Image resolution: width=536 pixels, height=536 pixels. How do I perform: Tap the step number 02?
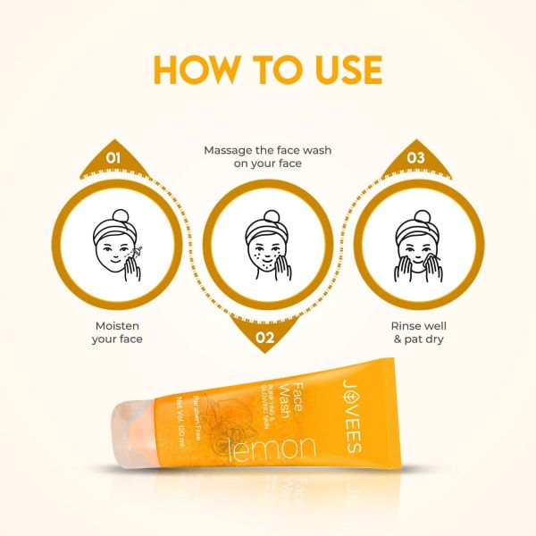[x=266, y=339]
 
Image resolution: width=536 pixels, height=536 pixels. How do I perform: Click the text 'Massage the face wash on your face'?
[x=266, y=157]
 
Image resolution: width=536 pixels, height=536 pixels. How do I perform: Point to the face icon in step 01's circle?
[x=113, y=242]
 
